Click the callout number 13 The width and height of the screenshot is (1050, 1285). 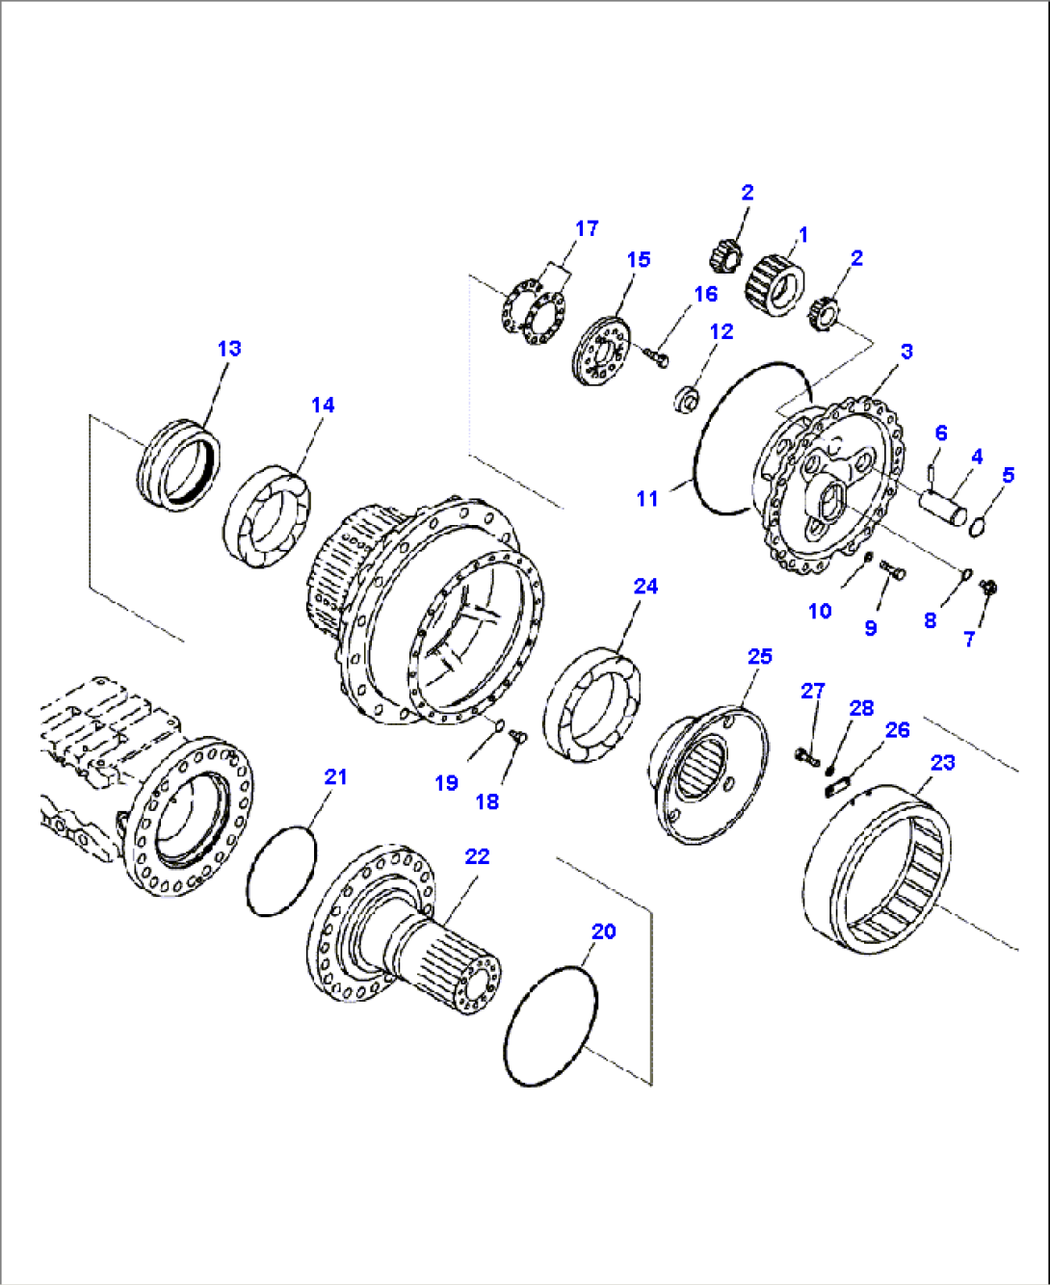229,348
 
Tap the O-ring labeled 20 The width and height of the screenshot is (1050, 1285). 550,1025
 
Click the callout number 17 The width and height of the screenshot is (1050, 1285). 587,228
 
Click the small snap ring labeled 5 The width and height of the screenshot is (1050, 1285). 979,525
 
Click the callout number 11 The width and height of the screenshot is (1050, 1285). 646,498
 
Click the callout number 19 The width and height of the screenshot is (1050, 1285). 446,782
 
